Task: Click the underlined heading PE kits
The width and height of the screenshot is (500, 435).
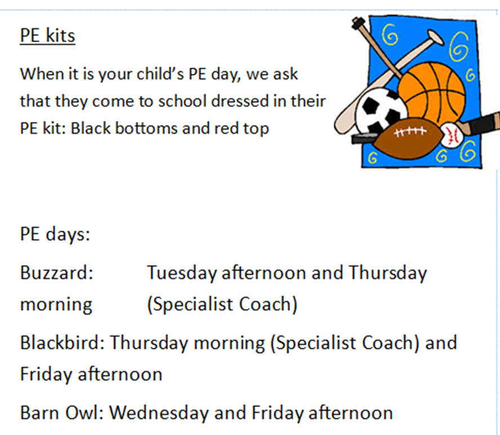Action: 47,35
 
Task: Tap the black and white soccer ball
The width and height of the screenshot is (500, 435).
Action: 381,110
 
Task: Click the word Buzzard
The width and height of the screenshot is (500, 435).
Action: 56,273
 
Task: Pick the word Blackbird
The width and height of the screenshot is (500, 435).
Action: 62,343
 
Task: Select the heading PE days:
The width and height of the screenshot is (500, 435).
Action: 55,235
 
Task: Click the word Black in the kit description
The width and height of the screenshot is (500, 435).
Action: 91,128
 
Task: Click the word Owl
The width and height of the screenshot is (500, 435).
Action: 84,413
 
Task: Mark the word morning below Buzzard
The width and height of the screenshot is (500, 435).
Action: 56,305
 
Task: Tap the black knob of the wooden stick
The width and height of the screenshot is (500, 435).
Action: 358,23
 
